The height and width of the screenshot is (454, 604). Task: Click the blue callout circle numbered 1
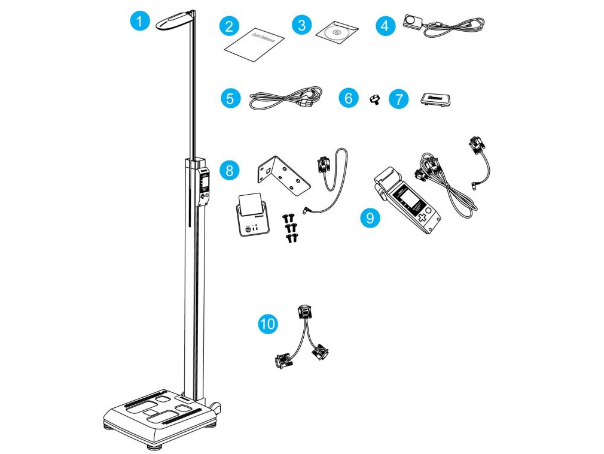click(139, 23)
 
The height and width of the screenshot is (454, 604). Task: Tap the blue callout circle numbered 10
click(269, 324)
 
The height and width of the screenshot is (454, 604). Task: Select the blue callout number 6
click(349, 98)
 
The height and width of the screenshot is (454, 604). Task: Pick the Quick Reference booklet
click(254, 42)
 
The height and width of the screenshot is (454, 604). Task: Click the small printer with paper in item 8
click(251, 215)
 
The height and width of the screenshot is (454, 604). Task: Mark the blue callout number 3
click(301, 26)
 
